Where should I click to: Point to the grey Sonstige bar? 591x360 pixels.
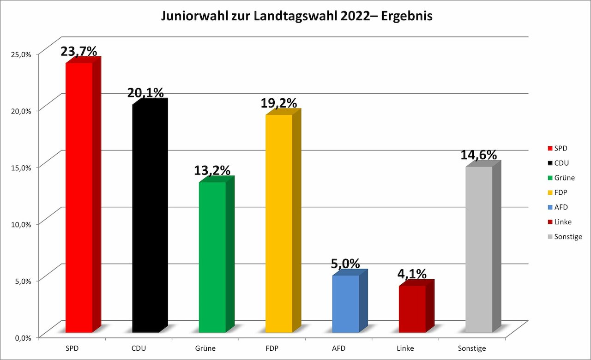[478, 249]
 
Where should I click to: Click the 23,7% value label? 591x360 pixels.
[79, 51]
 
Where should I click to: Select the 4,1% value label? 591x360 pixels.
[412, 274]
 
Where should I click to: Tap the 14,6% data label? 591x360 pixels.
[478, 155]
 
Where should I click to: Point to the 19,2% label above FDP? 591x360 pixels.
[278, 103]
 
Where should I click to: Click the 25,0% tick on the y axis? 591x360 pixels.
[21, 54]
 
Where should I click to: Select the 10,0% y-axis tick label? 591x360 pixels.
[21, 224]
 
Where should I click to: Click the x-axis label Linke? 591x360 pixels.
[405, 348]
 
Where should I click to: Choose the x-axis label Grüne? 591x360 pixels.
[205, 348]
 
